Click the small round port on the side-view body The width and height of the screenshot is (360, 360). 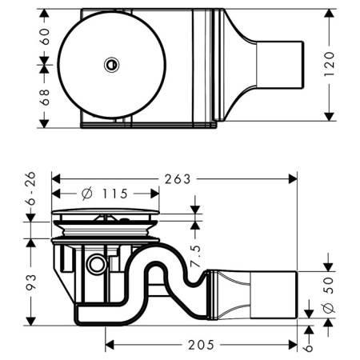(x=97, y=263)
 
